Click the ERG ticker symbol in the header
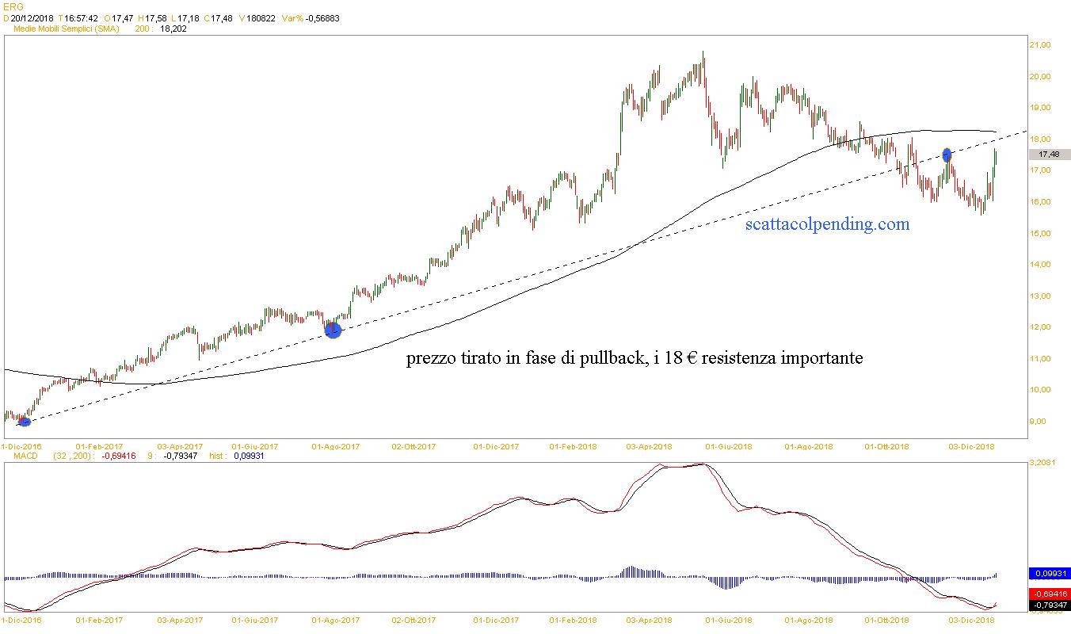coord(13,6)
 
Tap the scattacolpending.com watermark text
coord(827,224)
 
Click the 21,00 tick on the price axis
coord(1039,45)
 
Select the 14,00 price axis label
coord(1039,265)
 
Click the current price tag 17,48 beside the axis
coord(1049,155)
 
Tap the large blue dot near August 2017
coord(333,330)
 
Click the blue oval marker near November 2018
coord(947,155)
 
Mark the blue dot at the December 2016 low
coord(24,422)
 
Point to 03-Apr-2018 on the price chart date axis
coord(649,446)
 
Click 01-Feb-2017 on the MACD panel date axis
coord(100,621)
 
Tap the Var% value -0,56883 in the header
coord(322,17)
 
